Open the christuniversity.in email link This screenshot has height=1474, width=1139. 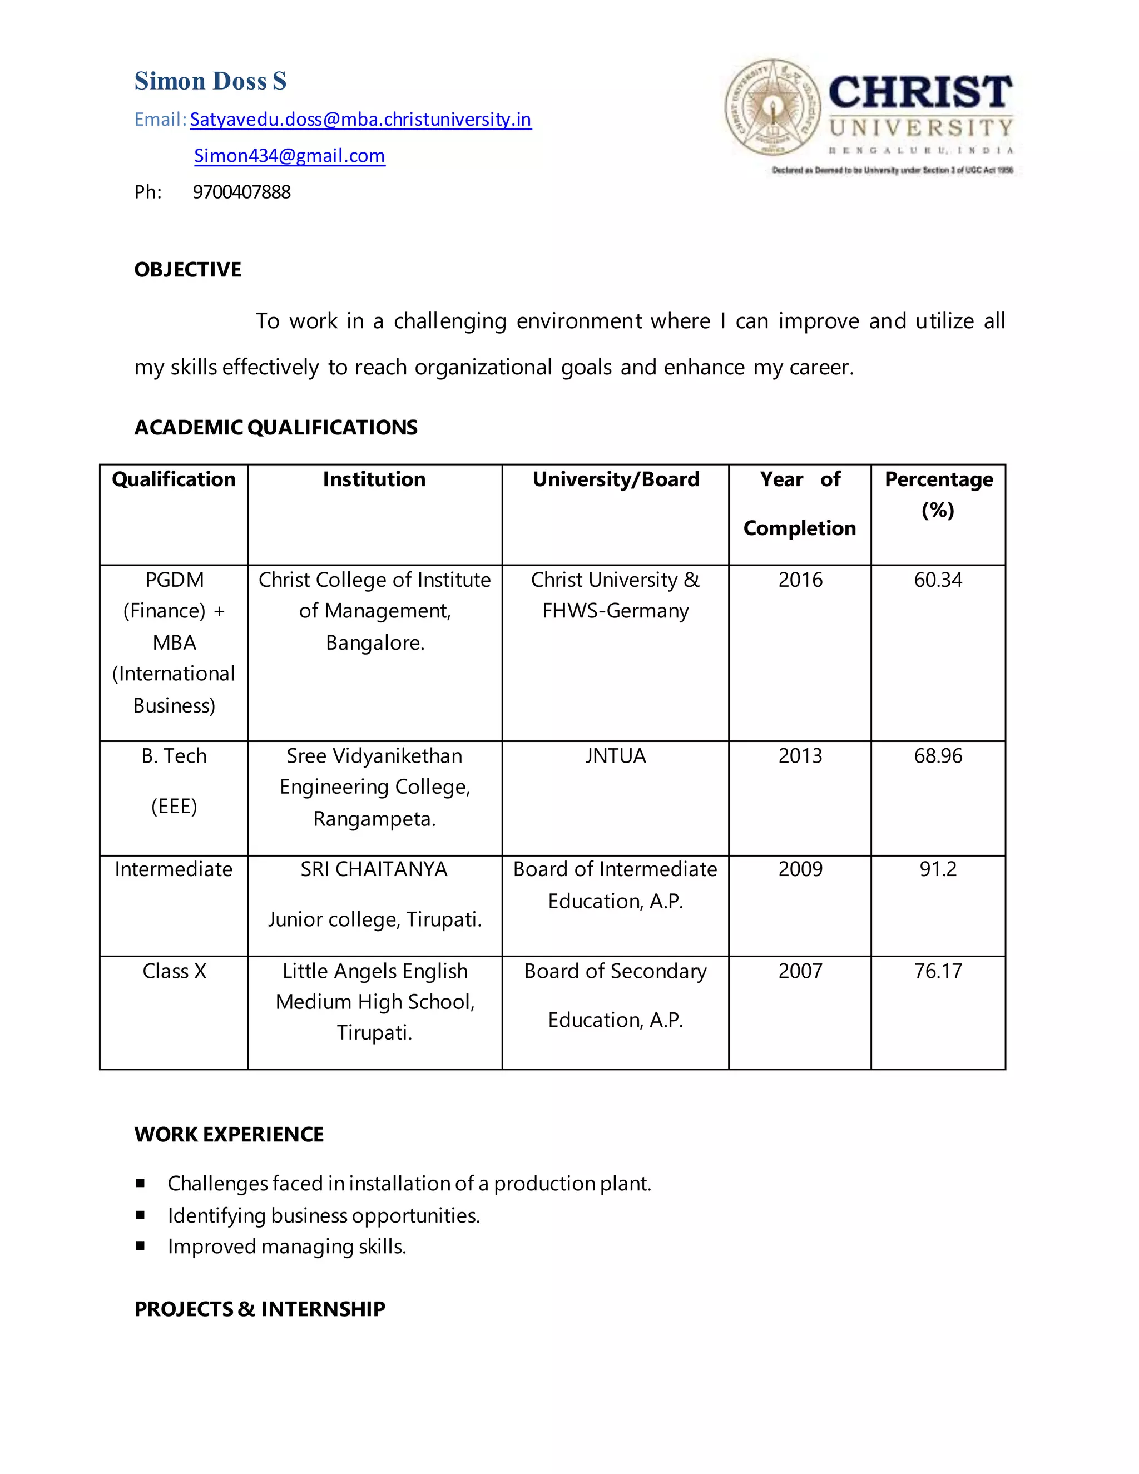click(360, 120)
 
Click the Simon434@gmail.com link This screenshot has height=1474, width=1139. click(289, 156)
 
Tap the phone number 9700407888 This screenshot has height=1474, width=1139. click(241, 192)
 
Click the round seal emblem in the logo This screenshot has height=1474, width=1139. click(772, 107)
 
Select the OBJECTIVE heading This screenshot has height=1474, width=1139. click(187, 270)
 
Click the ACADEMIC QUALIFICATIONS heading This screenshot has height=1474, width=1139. click(275, 427)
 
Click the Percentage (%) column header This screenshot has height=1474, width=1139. click(938, 494)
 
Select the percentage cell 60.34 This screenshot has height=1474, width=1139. click(938, 580)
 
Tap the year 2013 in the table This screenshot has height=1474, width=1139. click(800, 756)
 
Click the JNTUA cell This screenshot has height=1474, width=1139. click(616, 756)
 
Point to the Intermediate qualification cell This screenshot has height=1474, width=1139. click(174, 869)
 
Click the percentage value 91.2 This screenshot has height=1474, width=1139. click(938, 869)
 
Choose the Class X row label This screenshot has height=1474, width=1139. click(174, 971)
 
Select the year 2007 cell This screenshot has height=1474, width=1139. click(800, 971)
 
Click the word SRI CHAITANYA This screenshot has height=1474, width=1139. click(374, 869)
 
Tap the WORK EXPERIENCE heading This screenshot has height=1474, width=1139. click(229, 1135)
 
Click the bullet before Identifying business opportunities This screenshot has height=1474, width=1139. click(140, 1215)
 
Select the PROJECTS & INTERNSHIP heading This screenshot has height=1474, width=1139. click(260, 1309)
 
